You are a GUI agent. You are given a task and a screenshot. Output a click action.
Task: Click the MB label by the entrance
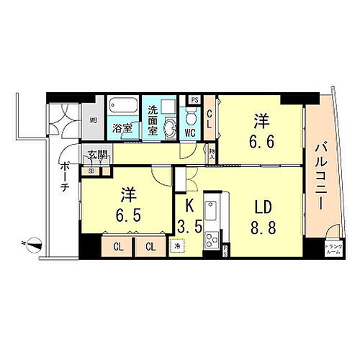94,121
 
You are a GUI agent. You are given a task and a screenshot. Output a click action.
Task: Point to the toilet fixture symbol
191,117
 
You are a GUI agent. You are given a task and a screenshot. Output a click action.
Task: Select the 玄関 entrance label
98,155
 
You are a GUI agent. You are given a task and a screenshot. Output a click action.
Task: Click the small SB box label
92,171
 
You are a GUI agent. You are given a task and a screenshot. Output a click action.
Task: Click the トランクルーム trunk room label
334,249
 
